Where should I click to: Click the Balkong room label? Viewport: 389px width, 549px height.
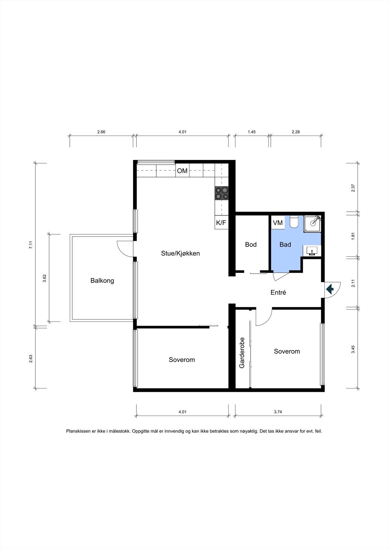point(102,281)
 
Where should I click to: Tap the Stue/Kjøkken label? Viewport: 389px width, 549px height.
point(180,254)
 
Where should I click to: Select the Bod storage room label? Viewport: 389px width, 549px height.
point(251,244)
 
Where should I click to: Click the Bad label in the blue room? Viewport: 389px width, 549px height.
point(285,244)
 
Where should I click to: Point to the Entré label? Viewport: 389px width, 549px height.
point(278,292)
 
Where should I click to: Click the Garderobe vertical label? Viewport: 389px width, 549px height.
point(242,353)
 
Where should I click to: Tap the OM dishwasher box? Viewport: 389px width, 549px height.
point(182,171)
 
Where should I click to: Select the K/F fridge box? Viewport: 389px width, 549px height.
point(221,223)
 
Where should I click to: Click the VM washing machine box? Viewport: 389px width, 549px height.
point(278,223)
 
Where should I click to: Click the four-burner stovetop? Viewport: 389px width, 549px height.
point(222,193)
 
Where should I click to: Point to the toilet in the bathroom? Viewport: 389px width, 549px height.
point(294,221)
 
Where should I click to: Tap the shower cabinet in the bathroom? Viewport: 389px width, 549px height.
point(312,224)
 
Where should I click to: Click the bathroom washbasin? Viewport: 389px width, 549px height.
point(312,251)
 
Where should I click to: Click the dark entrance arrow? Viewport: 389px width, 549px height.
point(330,289)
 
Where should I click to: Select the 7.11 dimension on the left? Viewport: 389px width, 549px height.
point(31,245)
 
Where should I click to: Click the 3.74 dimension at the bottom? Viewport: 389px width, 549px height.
point(278,412)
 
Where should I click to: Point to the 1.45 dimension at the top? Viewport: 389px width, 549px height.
point(252,132)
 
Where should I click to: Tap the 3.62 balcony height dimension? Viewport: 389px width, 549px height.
point(44,278)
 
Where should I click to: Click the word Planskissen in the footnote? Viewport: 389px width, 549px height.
point(78,431)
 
